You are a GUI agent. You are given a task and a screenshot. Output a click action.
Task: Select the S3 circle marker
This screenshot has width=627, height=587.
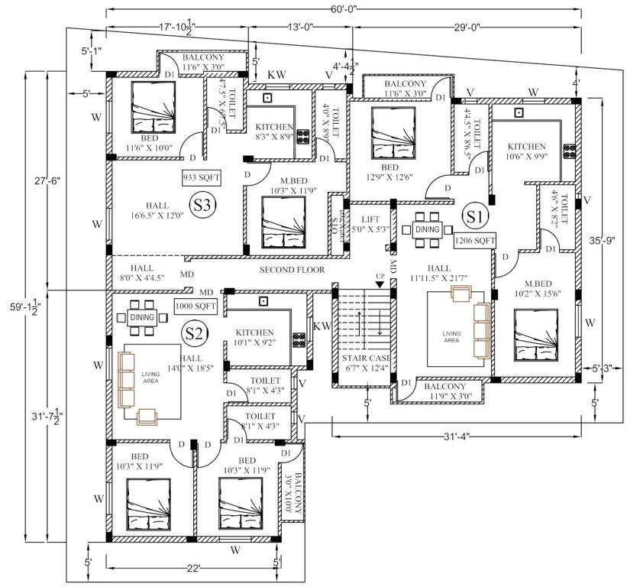tap(202, 206)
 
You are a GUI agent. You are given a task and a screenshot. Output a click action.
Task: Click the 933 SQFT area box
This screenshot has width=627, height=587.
tap(201, 177)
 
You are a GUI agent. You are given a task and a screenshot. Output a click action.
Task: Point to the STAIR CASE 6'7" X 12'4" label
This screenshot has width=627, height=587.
tap(365, 364)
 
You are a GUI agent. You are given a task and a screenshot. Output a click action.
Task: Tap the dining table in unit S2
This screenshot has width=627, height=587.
tap(143, 317)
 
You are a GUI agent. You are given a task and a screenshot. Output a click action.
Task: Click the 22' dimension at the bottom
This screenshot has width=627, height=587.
tap(192, 568)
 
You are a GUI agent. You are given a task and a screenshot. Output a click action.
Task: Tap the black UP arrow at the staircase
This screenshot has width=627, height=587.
tap(380, 284)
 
